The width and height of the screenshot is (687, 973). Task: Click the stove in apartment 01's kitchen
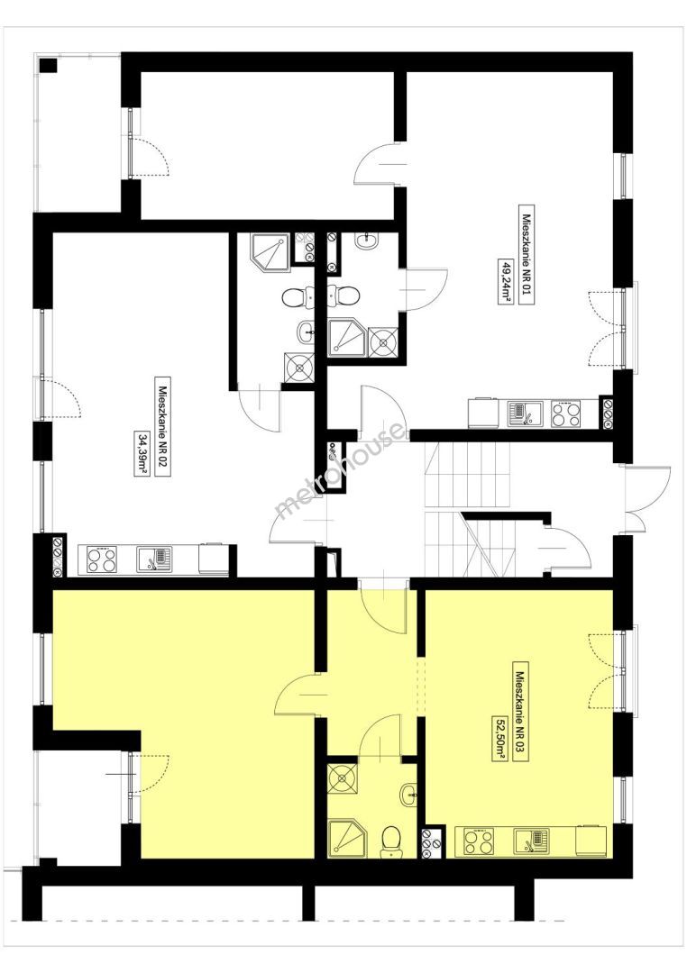coord(566,414)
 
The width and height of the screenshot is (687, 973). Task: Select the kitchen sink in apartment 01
coord(525,414)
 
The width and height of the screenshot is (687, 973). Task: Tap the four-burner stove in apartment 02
coord(102,559)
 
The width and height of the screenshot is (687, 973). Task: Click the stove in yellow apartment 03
coord(480,841)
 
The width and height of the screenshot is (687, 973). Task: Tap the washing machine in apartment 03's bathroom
coord(343,778)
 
